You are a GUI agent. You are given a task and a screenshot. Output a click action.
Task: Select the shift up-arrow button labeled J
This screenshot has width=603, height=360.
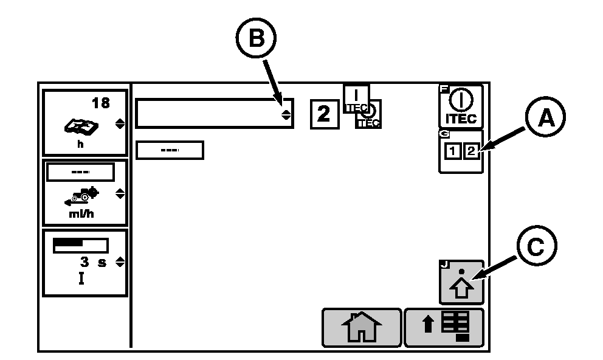tap(461, 282)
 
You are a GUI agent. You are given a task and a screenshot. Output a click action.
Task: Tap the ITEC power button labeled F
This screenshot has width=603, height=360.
tap(461, 106)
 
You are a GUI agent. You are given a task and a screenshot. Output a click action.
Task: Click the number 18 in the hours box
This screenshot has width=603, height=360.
tap(100, 103)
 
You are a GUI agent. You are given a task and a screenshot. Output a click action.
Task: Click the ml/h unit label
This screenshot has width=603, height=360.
tap(81, 213)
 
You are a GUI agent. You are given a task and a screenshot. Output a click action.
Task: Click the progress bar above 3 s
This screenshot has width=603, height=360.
tap(80, 245)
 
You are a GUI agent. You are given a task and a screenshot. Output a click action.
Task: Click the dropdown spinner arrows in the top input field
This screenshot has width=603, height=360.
tap(286, 114)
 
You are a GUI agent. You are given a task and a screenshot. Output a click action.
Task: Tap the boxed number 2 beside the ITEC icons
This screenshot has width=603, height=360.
tap(324, 114)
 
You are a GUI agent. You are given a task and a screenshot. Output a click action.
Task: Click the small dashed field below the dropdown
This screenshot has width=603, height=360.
tap(170, 150)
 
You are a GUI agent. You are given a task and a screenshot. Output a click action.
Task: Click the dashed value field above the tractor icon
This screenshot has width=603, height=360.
tap(81, 173)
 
